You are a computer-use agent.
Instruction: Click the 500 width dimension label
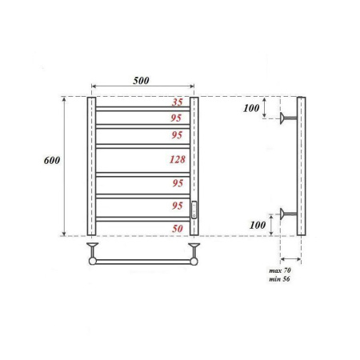coord(142,80)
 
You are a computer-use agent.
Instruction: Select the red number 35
coord(178,102)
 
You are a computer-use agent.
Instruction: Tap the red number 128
coord(178,159)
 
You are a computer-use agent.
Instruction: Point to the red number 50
coord(178,229)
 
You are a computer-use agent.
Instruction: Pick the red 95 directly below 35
coord(178,118)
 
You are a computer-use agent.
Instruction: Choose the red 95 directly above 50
coord(178,206)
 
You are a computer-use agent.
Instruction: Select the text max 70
coord(282,273)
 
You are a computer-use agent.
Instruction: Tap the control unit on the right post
coord(194,210)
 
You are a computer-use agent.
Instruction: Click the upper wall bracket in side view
coord(287,120)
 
